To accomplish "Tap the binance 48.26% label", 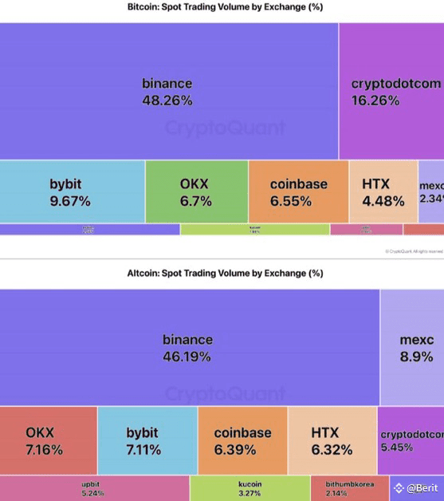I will coord(167,92).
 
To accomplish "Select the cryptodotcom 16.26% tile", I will coord(391,92).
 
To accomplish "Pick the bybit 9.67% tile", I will coord(72,192).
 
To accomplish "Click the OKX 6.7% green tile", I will coord(196,192).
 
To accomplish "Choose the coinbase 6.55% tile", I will coord(298,192).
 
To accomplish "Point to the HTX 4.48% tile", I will coord(383,192).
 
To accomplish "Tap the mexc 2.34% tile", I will coord(430,192).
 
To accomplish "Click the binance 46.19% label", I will coord(188,348).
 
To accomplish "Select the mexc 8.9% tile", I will coord(411,348).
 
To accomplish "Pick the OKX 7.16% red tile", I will coord(48,440).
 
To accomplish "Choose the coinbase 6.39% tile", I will coord(242,440).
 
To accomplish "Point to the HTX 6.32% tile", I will coord(332,440).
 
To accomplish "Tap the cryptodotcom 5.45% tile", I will coord(410,440).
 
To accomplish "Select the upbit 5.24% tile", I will coord(94,488).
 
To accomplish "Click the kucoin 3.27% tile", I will coord(250,488).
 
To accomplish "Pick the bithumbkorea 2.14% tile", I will coord(348,488).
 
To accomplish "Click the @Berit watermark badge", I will coord(416,487).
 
